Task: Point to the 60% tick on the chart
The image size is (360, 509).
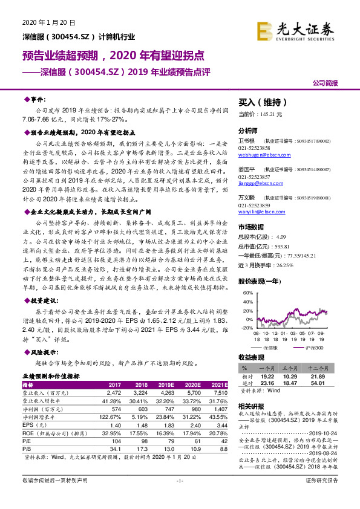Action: pos(247,293)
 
